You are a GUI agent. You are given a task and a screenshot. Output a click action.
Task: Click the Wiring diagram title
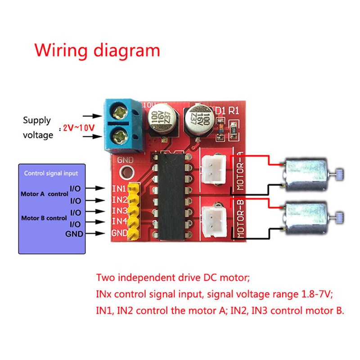pos(97,50)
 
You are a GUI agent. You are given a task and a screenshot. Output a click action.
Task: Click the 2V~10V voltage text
pos(79,128)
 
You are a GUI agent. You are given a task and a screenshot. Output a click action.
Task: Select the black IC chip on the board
pos(169,195)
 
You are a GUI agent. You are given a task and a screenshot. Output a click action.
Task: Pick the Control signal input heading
pos(51,173)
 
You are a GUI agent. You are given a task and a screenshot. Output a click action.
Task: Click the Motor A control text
pos(44,194)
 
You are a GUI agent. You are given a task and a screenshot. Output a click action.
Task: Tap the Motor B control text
pos(44,218)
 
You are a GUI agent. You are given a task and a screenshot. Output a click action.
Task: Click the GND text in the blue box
pos(74,234)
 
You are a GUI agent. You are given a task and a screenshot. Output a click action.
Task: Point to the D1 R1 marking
pos(226,110)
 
